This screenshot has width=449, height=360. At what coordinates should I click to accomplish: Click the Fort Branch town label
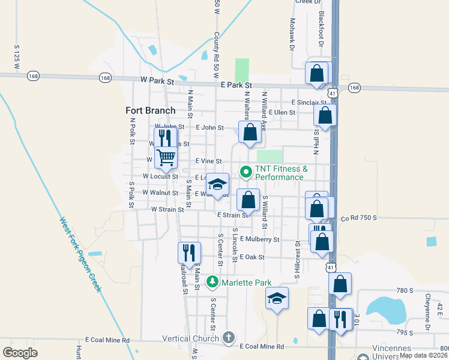150,110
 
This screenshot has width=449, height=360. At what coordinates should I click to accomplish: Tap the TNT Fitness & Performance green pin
246,172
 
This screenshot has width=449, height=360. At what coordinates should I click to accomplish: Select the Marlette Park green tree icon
212,281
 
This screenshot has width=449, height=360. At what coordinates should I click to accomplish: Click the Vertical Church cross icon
228,338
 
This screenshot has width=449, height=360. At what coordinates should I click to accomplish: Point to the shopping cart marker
166,157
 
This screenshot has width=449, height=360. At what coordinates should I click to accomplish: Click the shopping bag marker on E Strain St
248,199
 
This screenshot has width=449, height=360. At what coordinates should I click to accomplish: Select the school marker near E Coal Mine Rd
277,298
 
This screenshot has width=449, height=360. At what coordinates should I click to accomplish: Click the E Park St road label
236,86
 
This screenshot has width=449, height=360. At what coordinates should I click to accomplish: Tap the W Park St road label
157,80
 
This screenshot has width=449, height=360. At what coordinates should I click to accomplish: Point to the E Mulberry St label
259,239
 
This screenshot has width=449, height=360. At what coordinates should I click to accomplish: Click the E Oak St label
252,257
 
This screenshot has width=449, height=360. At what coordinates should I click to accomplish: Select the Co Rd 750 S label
358,218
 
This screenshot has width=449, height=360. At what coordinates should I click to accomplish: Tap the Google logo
20,353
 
